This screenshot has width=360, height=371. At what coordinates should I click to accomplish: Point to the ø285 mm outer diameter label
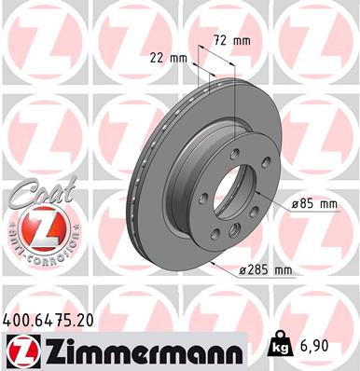[x=266, y=270]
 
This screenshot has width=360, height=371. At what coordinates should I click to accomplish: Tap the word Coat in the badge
[x=35, y=192]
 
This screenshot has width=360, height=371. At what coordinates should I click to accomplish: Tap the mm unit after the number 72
[x=242, y=41]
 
